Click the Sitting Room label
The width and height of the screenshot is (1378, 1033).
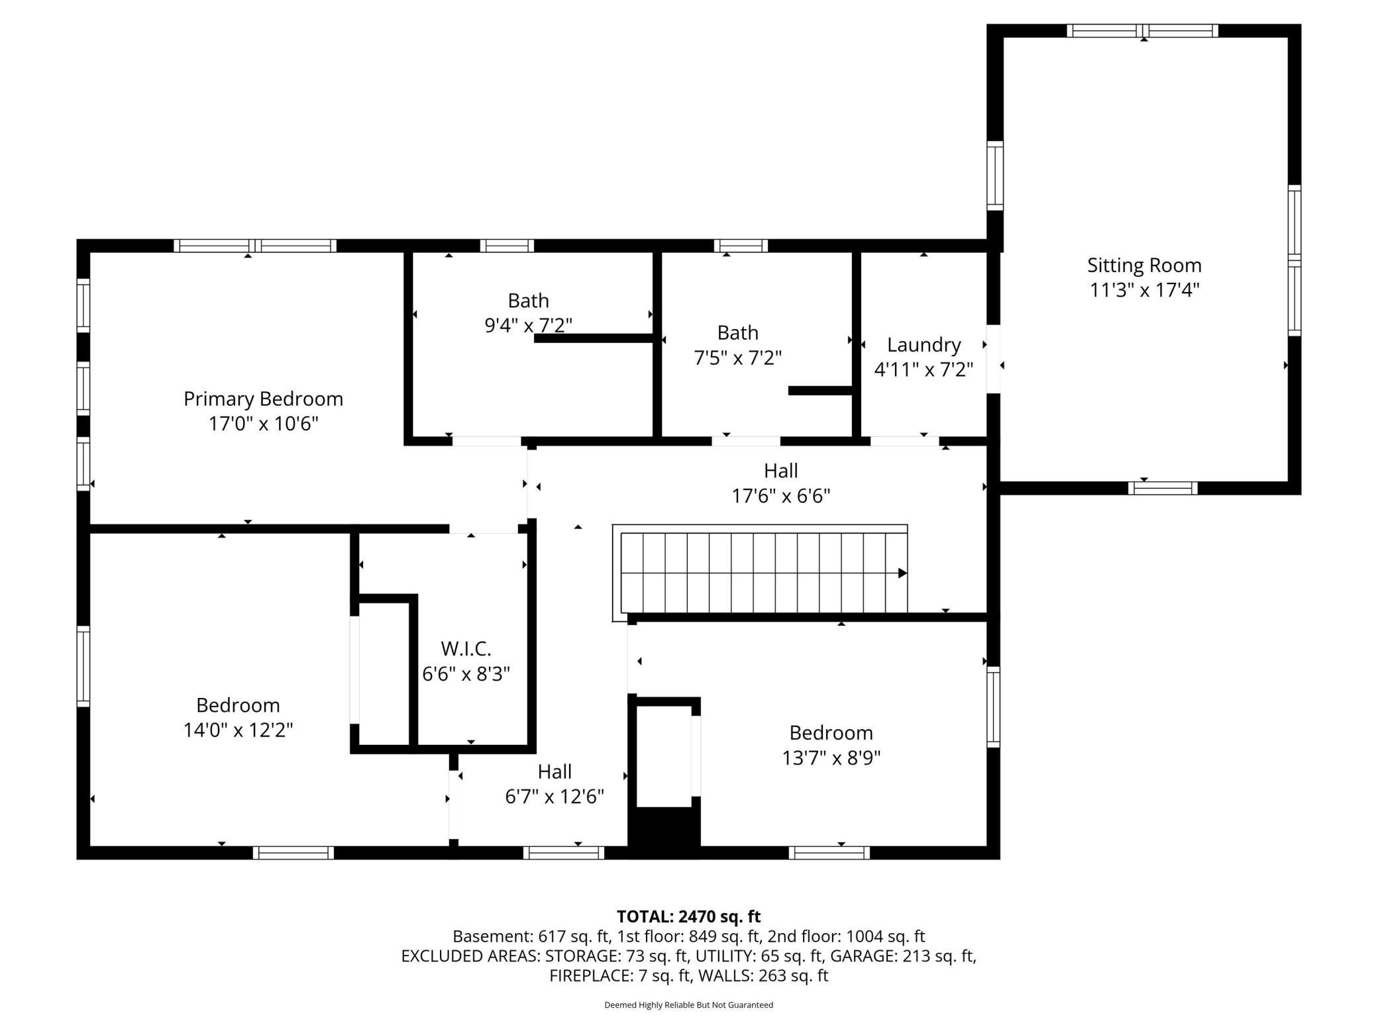[1144, 266]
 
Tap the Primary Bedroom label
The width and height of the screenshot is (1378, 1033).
[263, 399]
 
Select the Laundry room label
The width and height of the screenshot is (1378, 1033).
[924, 345]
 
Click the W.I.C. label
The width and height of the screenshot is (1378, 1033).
[466, 648]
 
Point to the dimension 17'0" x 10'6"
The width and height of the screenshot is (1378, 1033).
[263, 424]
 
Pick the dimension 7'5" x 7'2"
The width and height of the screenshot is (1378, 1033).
[737, 358]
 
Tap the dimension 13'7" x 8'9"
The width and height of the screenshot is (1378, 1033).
[831, 758]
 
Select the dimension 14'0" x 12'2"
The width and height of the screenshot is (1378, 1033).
[238, 730]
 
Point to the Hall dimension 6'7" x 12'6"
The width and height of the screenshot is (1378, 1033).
[555, 797]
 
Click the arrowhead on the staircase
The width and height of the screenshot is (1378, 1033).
[902, 573]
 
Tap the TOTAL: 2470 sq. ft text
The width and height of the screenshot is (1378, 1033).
[688, 916]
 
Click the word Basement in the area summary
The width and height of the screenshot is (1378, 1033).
[490, 936]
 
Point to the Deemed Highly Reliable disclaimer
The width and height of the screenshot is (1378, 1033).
[688, 1005]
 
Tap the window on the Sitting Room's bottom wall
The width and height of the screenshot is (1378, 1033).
[1163, 488]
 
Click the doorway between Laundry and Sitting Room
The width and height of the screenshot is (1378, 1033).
[993, 358]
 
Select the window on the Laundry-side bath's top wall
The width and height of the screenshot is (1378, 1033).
[741, 246]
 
